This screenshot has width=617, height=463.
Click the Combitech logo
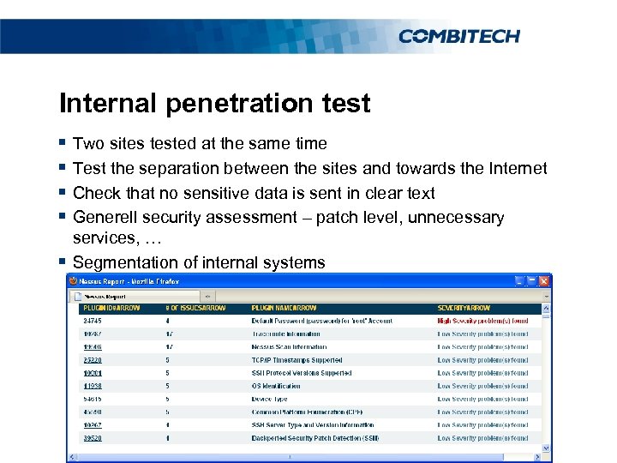pyautogui.click(x=458, y=36)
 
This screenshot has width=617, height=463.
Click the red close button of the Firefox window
pyautogui.click(x=543, y=281)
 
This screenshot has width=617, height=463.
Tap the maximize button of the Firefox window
pyautogui.click(x=531, y=281)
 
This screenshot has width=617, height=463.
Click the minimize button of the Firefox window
pyautogui.click(x=518, y=281)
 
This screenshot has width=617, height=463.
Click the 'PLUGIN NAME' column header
pyautogui.click(x=284, y=308)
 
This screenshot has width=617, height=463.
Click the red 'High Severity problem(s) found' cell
pyautogui.click(x=482, y=322)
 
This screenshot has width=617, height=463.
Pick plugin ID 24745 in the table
pyautogui.click(x=92, y=322)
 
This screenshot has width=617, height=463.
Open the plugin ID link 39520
pyautogui.click(x=92, y=438)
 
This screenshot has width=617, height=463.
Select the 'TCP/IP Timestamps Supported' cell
pyautogui.click(x=297, y=360)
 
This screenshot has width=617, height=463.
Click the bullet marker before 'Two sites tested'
pyautogui.click(x=63, y=143)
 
